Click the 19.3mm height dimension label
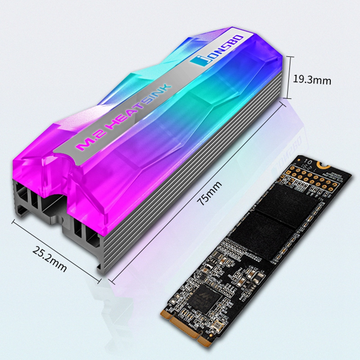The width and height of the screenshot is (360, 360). [x=312, y=80]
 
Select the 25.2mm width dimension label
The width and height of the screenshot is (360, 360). [x=49, y=260]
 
